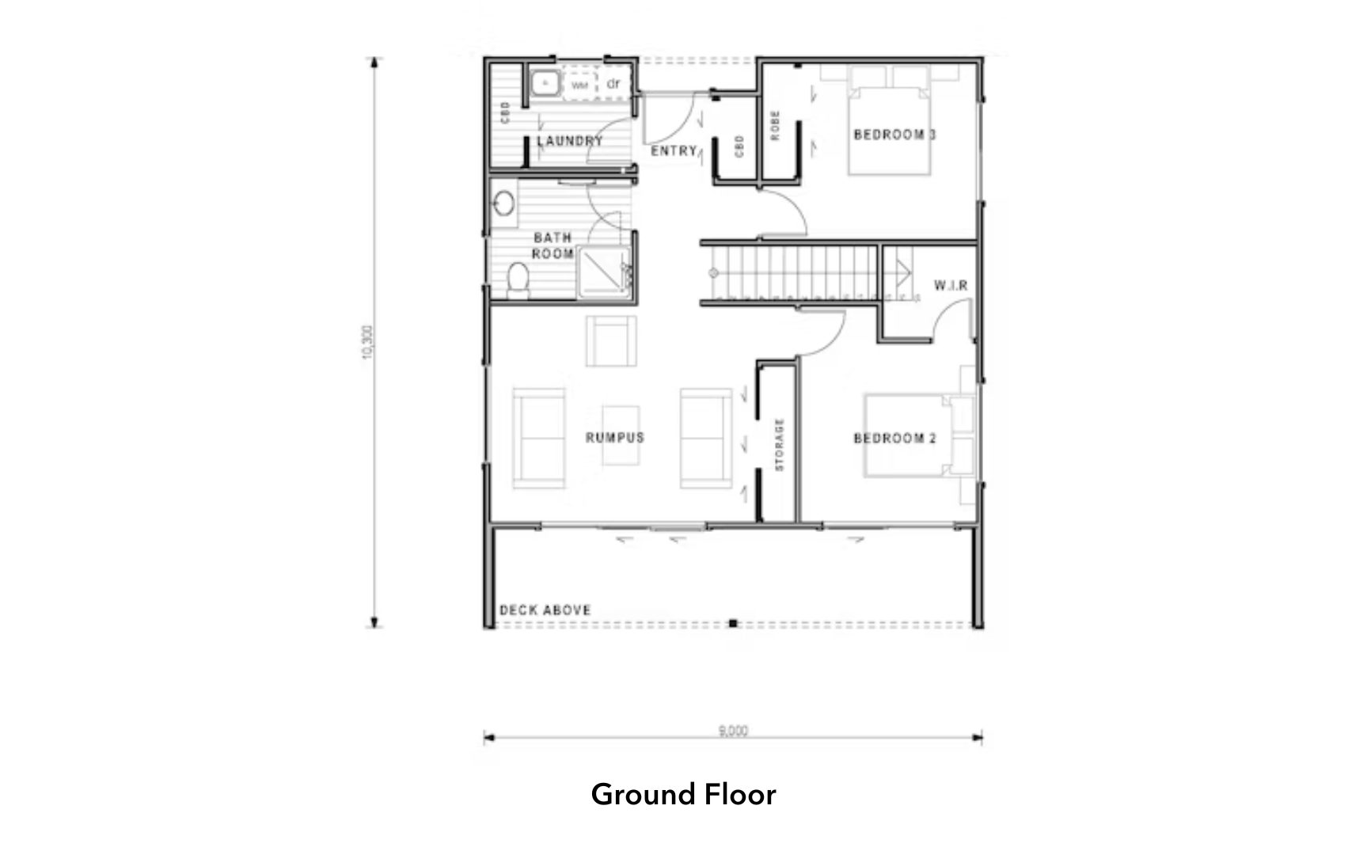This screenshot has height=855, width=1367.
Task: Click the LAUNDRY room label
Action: click(570, 141)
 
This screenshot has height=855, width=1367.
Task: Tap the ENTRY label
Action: click(674, 150)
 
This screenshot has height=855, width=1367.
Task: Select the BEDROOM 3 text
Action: click(894, 135)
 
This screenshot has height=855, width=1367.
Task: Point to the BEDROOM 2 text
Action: click(894, 438)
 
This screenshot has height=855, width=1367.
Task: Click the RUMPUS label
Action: click(615, 438)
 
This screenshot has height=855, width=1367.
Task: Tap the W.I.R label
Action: click(951, 285)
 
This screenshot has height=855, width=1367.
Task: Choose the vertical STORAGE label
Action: click(780, 445)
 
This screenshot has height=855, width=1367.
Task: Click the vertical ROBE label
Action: click(776, 125)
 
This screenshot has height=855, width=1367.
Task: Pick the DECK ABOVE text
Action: click(545, 610)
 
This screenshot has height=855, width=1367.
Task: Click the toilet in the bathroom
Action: click(518, 279)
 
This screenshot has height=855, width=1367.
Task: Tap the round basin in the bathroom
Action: click(503, 203)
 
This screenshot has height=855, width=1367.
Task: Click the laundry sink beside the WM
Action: click(545, 83)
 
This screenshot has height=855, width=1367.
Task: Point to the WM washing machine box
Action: click(580, 85)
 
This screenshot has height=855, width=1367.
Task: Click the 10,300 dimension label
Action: click(366, 342)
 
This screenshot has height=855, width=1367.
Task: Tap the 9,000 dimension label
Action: click(733, 731)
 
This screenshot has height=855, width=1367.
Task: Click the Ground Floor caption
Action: click(683, 794)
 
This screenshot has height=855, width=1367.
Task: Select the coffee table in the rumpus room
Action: click(620, 435)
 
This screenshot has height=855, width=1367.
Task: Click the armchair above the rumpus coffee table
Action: click(611, 341)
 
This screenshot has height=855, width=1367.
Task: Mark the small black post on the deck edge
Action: click(733, 624)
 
